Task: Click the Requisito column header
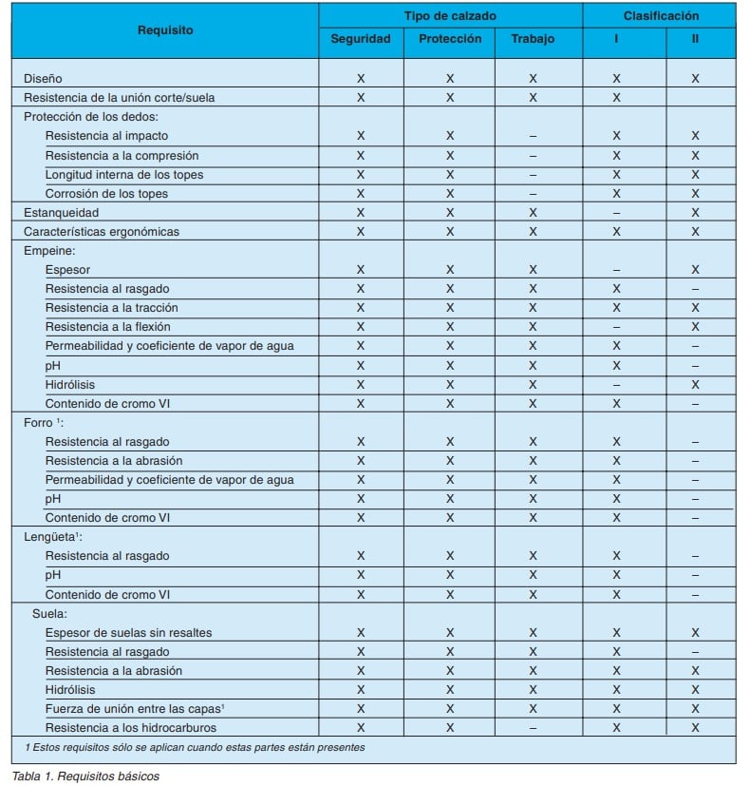[x=164, y=29]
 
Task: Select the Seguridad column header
[x=360, y=39]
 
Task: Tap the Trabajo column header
[x=533, y=39]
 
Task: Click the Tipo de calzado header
[x=450, y=15]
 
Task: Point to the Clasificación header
[x=661, y=15]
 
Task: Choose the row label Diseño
[x=44, y=78]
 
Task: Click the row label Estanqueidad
[x=62, y=212]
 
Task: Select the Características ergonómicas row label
[x=102, y=231]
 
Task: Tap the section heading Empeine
[x=48, y=250]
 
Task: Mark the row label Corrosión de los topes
[x=106, y=193]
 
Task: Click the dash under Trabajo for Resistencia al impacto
[x=533, y=136]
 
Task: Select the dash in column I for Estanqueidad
[x=616, y=212]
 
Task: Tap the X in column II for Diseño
[x=695, y=79]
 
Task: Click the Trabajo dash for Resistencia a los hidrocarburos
[x=533, y=728]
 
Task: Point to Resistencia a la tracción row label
[x=111, y=308]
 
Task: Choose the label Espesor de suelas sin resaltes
[x=128, y=632]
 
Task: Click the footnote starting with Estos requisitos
[x=189, y=747]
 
